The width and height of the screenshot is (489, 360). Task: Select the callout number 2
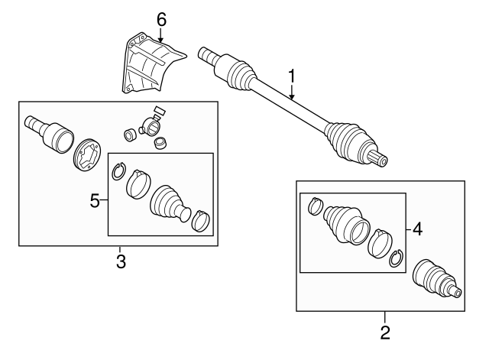(x=384, y=332)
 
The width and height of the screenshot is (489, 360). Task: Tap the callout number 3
(x=120, y=262)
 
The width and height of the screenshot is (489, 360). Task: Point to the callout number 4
(x=418, y=228)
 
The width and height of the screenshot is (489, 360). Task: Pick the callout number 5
(x=96, y=201)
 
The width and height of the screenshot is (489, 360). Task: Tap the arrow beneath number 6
(x=161, y=34)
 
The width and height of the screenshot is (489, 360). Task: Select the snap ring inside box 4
(x=396, y=261)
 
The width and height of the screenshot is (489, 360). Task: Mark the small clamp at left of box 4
(x=315, y=206)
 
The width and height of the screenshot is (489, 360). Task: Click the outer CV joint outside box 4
(x=436, y=279)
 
